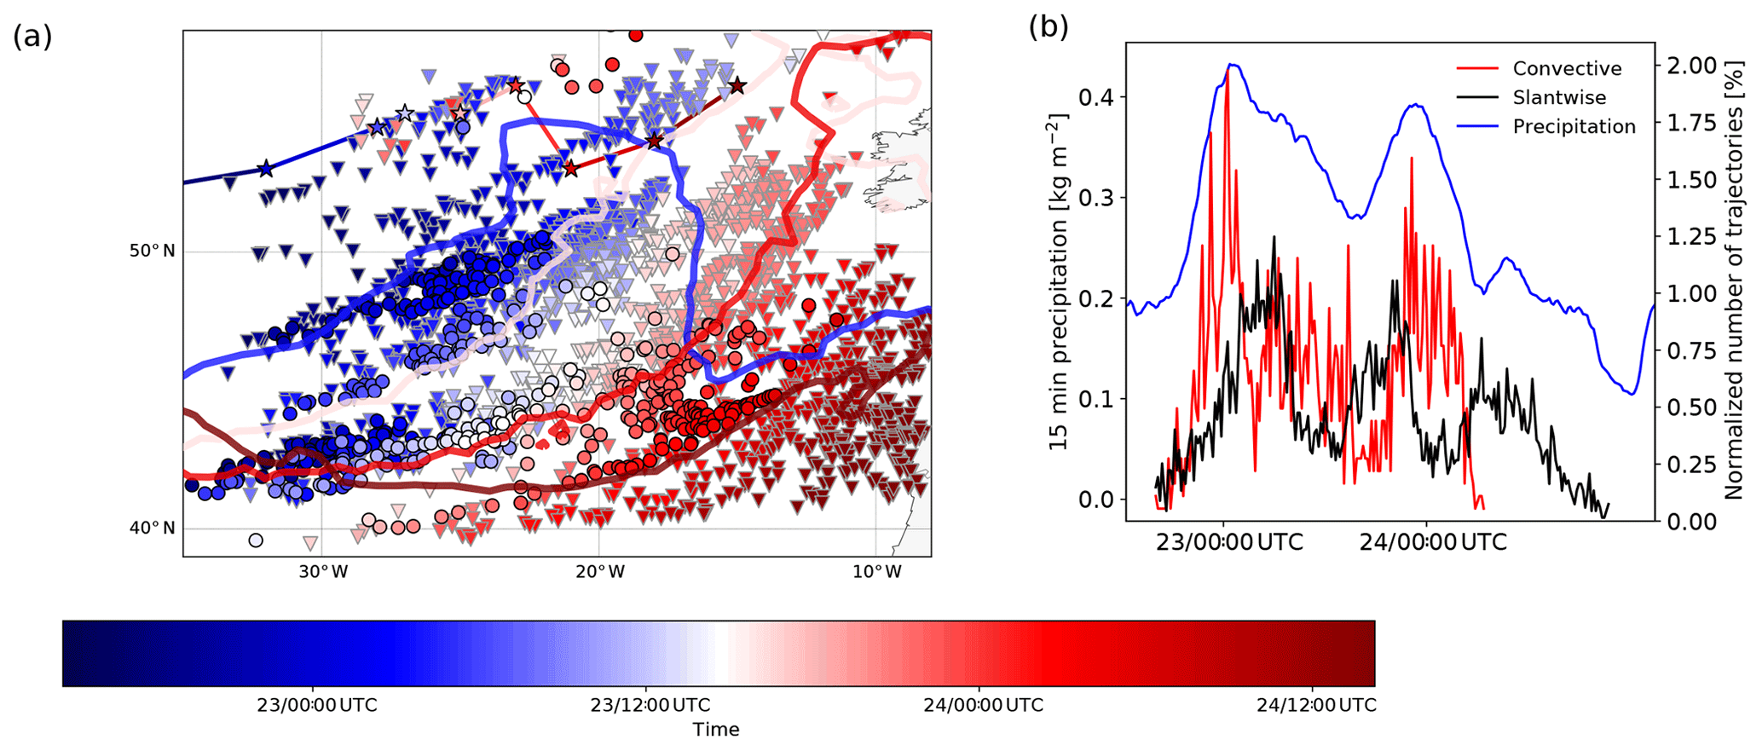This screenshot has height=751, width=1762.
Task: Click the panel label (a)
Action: (x=32, y=37)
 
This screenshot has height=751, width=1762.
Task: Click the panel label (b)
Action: (x=1049, y=27)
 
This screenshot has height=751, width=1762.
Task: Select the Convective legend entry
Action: (x=1567, y=69)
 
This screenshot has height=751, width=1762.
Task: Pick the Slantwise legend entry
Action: (x=1559, y=98)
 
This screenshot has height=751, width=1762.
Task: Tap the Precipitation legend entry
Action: (x=1574, y=127)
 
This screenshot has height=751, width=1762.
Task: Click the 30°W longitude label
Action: (x=322, y=572)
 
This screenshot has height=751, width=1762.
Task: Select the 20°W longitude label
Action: (x=599, y=572)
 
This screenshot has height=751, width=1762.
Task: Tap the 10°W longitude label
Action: (x=877, y=572)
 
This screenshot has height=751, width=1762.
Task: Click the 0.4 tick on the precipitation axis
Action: (x=1095, y=97)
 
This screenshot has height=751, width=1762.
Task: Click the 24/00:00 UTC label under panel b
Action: (x=1433, y=542)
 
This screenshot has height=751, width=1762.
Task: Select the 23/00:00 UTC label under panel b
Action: (x=1229, y=542)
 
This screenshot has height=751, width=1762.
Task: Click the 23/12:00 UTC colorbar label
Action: (x=650, y=706)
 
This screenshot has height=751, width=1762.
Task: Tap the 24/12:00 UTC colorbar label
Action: (x=1316, y=706)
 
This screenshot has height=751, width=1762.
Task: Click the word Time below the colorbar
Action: (x=716, y=730)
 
